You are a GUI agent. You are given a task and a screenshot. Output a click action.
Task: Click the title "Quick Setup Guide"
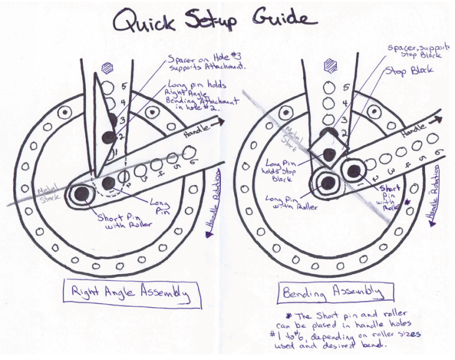point(215,23)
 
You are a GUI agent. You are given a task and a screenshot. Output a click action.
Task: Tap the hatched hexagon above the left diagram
point(107,68)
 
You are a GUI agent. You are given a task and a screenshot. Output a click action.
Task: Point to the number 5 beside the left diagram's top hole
point(124,87)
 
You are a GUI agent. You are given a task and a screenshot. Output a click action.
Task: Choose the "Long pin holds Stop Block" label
point(271,170)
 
